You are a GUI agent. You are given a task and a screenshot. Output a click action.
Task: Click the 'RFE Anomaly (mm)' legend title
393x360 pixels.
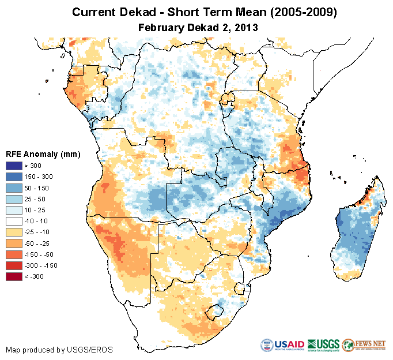tap(43, 154)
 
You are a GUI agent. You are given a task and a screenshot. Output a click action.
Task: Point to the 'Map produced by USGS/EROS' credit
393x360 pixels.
tap(59, 350)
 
